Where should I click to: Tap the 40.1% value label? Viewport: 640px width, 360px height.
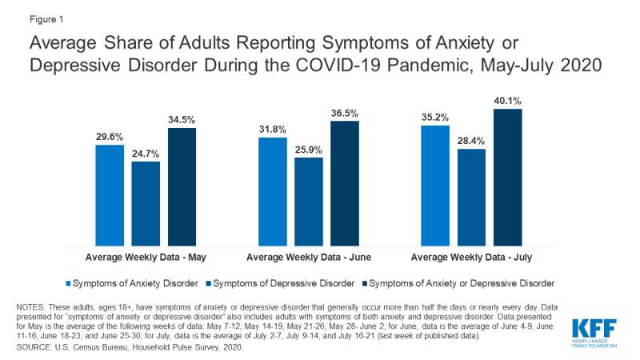coord(508,101)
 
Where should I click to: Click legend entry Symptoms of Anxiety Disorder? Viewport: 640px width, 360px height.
coord(134,282)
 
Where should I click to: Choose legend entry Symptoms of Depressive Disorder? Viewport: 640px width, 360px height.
coord(281,282)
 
